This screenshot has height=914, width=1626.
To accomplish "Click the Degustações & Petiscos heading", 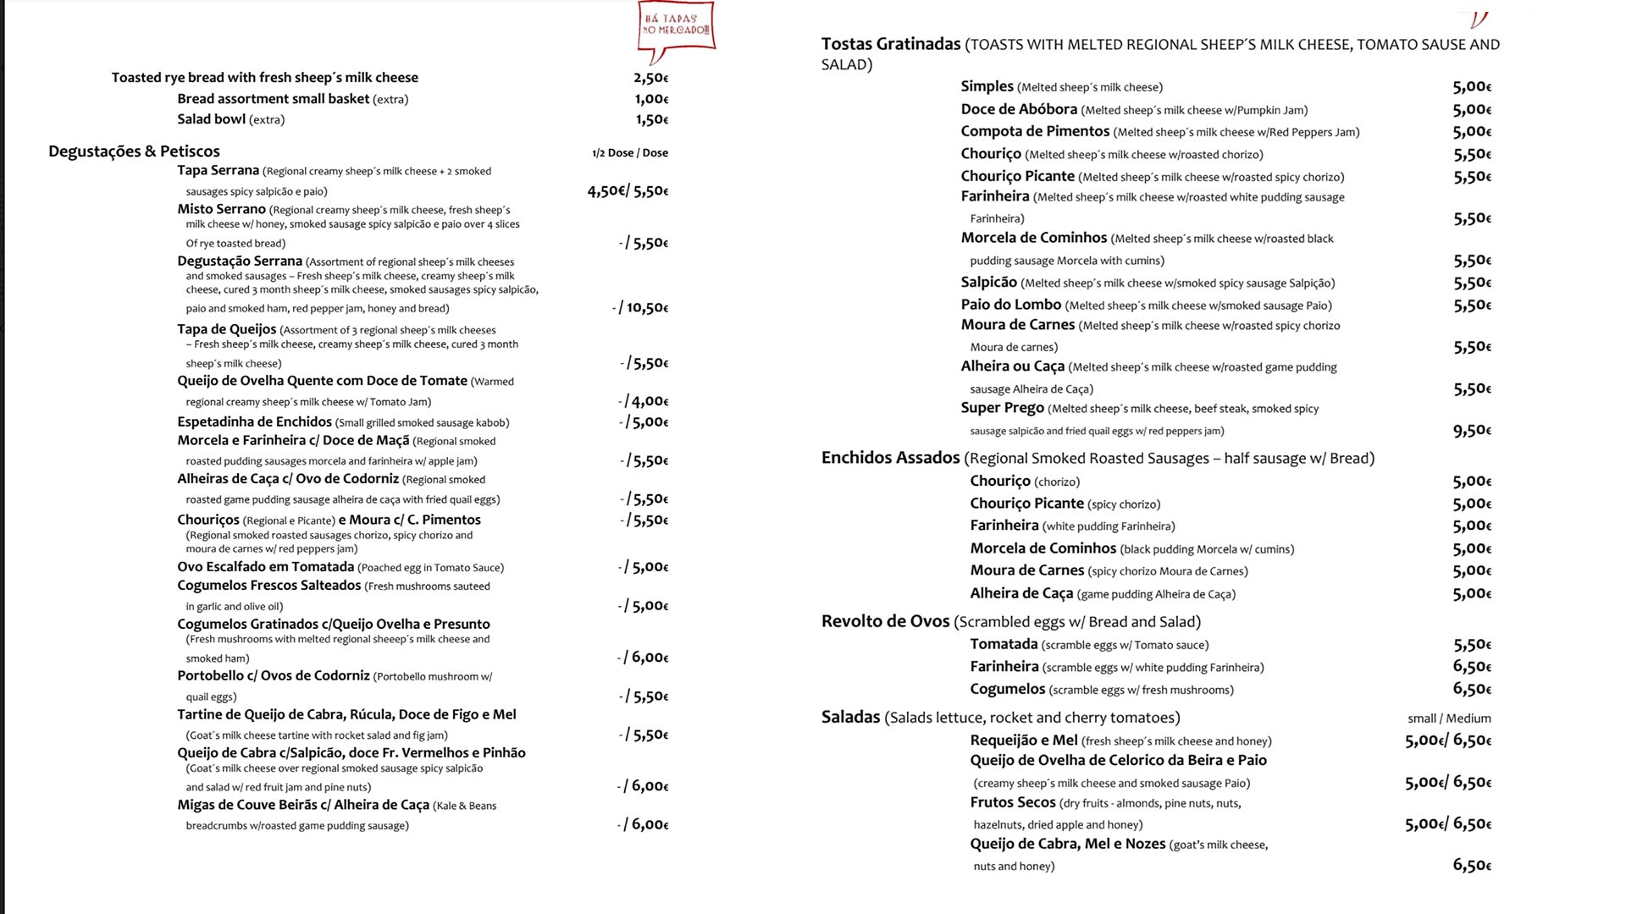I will pyautogui.click(x=134, y=151).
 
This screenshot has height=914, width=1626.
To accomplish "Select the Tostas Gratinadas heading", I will pyautogui.click(x=890, y=44).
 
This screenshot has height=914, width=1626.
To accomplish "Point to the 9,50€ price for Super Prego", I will pyautogui.click(x=1472, y=430).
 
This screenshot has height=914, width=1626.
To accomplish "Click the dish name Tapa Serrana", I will pyautogui.click(x=218, y=170).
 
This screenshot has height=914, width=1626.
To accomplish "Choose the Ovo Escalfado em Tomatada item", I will pyautogui.click(x=265, y=567).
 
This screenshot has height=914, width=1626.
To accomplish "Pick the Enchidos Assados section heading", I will pyautogui.click(x=890, y=458).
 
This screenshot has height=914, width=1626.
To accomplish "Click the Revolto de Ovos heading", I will pyautogui.click(x=885, y=621).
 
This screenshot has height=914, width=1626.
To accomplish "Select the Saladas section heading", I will pyautogui.click(x=850, y=718).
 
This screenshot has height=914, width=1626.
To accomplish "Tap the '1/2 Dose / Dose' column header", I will pyautogui.click(x=629, y=153).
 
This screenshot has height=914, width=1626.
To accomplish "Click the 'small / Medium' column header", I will pyautogui.click(x=1449, y=719).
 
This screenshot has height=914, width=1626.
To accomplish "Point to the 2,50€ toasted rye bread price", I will pyautogui.click(x=650, y=78).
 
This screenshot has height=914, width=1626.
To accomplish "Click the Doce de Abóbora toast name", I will pyautogui.click(x=1019, y=109).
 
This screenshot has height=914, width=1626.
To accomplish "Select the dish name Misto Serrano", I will pyautogui.click(x=221, y=209).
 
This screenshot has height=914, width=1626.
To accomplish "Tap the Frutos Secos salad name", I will pyautogui.click(x=1013, y=802).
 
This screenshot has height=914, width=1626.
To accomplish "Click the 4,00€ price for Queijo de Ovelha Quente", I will pyautogui.click(x=649, y=401).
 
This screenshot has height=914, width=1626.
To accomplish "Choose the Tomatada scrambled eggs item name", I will pyautogui.click(x=1004, y=644).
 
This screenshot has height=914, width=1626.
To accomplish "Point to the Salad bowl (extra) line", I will pyautogui.click(x=230, y=119).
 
